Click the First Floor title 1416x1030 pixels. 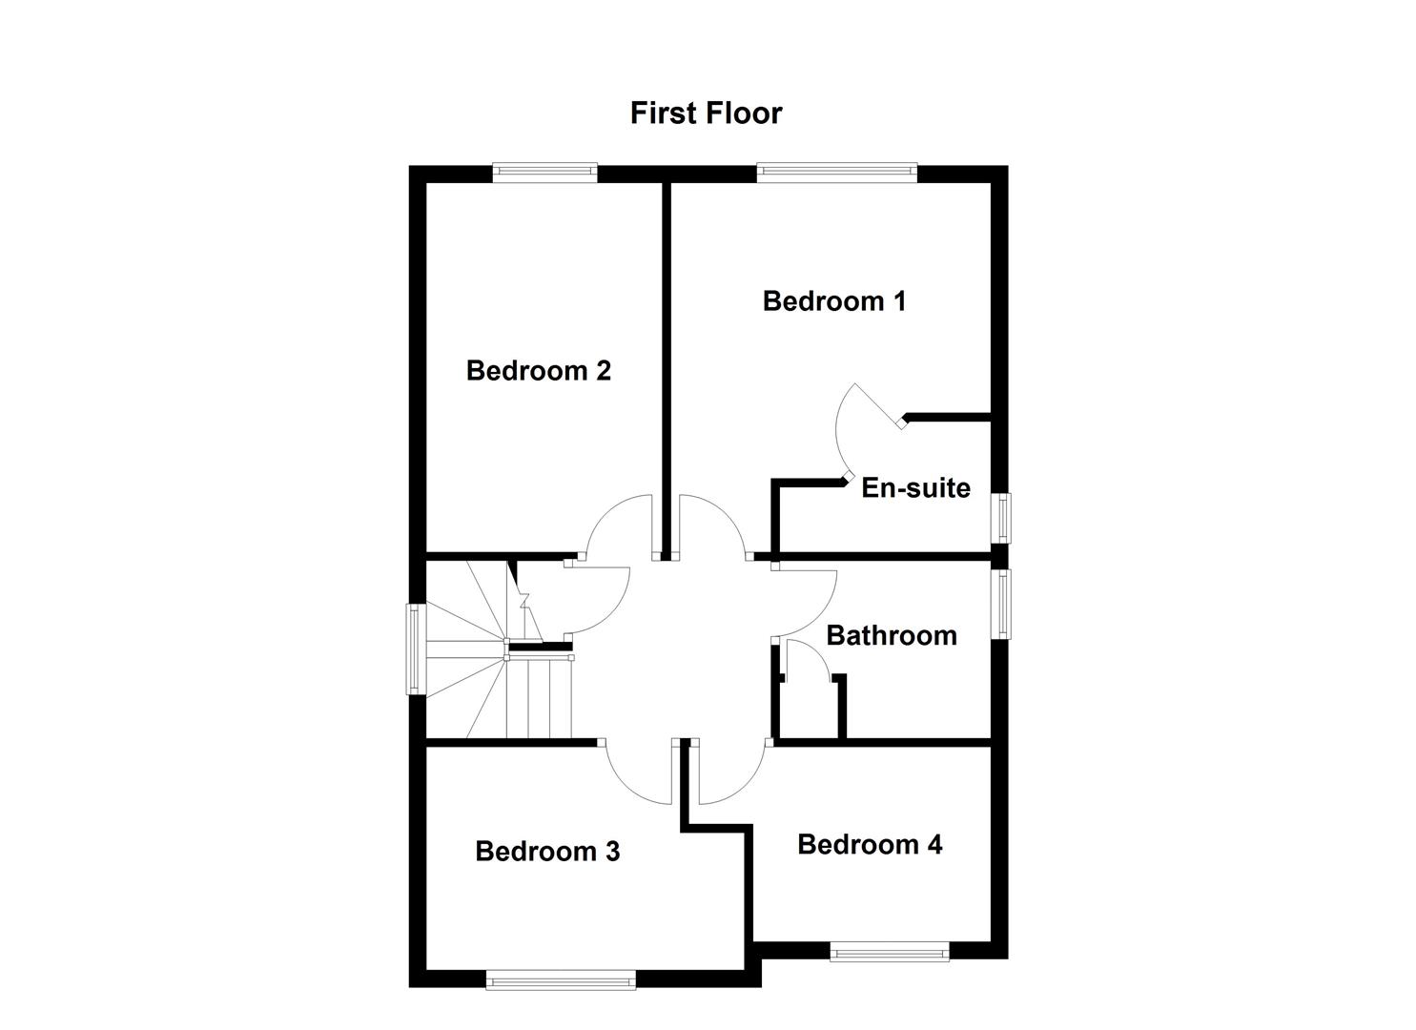pos(706,113)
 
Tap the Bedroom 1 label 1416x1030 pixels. pos(834,301)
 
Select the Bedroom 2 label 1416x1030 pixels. pos(538,370)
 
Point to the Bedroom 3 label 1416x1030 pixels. pos(547,851)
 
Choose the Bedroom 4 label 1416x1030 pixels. pos(870,844)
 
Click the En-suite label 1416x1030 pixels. pos(915,488)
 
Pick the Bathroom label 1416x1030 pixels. pos(891,635)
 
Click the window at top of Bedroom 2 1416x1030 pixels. pos(544,172)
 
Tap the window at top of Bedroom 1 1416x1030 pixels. pos(836,172)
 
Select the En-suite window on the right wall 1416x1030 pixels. pos(1002,517)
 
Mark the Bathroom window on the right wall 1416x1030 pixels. pos(1002,604)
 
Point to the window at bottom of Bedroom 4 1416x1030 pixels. pos(889,951)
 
